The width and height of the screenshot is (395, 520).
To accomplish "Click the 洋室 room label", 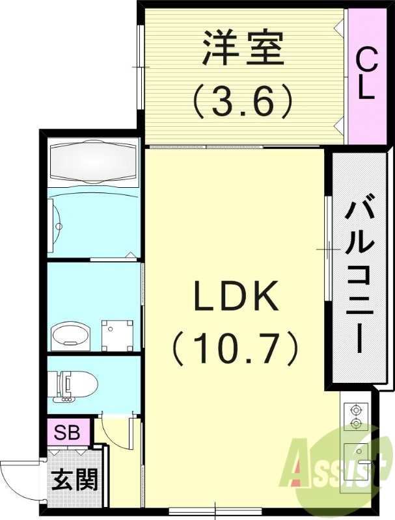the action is (243, 48).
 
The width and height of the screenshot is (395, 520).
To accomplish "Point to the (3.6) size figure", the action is (243, 101).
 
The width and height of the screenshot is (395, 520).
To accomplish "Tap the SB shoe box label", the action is (67, 432).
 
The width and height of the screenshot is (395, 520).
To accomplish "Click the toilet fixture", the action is (73, 385).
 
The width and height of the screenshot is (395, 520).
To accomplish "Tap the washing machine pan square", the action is (118, 335).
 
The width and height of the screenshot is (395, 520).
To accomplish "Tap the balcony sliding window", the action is (329, 249).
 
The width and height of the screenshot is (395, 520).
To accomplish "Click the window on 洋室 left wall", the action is (141, 66).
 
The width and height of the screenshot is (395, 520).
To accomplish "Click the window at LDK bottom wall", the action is (215, 510).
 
